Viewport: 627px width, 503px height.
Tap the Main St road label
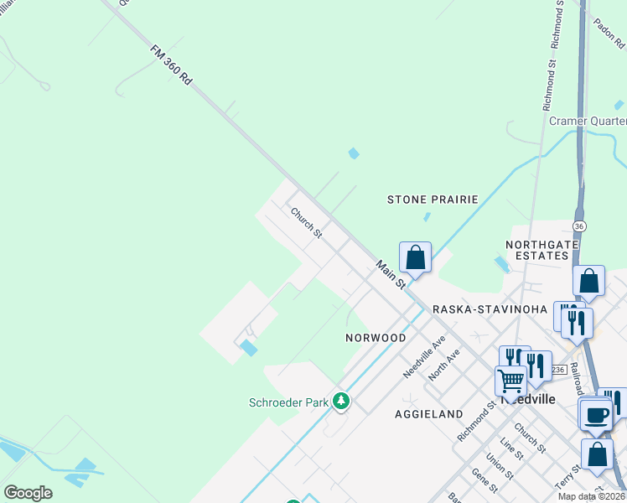click(391, 274)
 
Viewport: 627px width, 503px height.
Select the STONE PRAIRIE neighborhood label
click(433, 200)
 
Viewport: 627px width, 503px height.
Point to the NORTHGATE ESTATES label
click(542, 251)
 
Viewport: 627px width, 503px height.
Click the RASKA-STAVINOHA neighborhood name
click(490, 309)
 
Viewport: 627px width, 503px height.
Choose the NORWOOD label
click(376, 338)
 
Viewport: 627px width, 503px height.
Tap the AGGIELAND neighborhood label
click(429, 414)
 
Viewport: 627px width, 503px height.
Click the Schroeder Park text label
click(288, 402)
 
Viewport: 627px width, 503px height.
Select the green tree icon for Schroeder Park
click(340, 402)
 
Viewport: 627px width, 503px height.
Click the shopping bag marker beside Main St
click(415, 257)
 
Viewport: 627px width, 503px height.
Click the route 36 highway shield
click(579, 227)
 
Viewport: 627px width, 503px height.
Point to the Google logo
click(28, 493)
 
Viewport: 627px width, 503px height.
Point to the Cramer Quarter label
click(587, 121)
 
